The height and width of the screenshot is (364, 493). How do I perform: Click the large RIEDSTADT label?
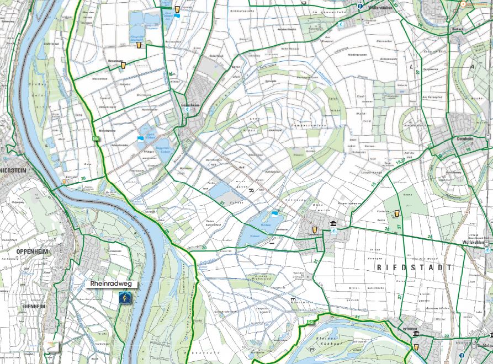pyautogui.click(x=414, y=267)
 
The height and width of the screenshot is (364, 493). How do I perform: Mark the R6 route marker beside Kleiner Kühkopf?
pyautogui.click(x=310, y=322)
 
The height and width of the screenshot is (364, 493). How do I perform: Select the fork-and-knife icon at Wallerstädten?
pyautogui.click(x=360, y=7)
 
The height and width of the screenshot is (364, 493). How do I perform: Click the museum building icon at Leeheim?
pyautogui.click(x=333, y=223)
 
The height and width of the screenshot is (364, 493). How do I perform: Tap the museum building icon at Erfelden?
pyautogui.click(x=415, y=334)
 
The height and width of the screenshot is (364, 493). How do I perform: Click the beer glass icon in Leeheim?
pyautogui.click(x=315, y=230)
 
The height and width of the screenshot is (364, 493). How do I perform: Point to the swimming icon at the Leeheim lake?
pyautogui.click(x=275, y=213)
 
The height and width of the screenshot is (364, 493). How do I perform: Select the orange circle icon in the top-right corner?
pyautogui.click(x=463, y=4)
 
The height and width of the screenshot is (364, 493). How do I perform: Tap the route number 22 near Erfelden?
pyautogui.click(x=446, y=335)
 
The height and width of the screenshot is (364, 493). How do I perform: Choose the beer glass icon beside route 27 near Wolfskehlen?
pyautogui.click(x=397, y=213)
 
